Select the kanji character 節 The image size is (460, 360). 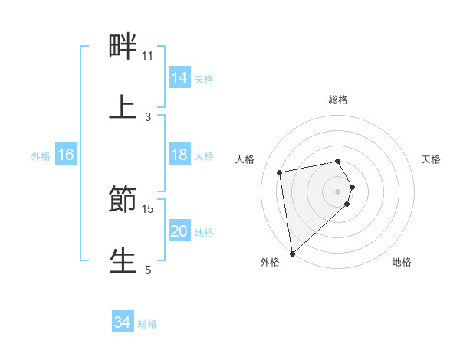(x=123, y=199)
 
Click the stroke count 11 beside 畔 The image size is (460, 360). (x=147, y=56)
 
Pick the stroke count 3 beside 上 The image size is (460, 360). (x=148, y=117)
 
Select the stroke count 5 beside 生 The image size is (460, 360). (x=148, y=270)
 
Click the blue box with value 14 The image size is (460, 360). (x=179, y=78)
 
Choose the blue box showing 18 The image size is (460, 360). (x=179, y=155)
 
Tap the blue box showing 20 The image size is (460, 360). (x=179, y=231)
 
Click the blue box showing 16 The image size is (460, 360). (x=66, y=155)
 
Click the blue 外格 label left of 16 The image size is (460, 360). (x=41, y=156)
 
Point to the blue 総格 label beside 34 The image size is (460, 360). (x=147, y=324)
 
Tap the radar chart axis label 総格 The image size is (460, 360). (x=338, y=100)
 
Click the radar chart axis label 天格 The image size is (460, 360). (x=432, y=159)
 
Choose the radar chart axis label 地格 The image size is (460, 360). (x=402, y=262)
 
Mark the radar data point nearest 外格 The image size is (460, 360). (x=292, y=253)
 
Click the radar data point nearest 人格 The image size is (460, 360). (x=280, y=172)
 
